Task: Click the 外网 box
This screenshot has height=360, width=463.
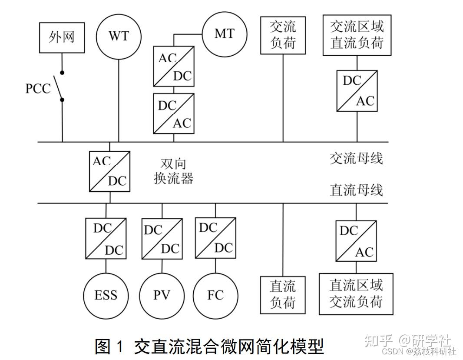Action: [62, 37]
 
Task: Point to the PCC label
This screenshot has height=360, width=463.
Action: [38, 89]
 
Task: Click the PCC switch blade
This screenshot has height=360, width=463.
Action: [58, 87]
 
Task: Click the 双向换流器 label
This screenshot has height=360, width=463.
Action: [173, 171]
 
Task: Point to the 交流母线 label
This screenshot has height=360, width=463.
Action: [356, 158]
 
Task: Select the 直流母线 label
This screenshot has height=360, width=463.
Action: [356, 190]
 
